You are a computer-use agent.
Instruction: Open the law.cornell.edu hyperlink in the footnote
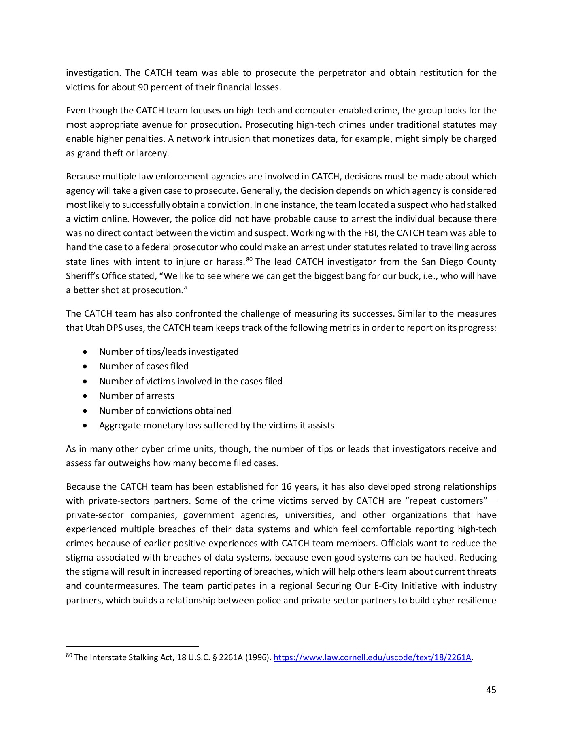(x=373, y=657)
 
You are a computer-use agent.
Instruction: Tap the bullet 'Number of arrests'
(x=136, y=396)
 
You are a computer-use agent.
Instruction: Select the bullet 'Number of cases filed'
(x=144, y=366)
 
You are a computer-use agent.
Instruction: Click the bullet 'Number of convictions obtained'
(x=165, y=411)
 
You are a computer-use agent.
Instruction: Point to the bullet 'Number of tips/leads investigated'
(x=169, y=352)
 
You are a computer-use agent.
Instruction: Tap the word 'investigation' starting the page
(x=92, y=73)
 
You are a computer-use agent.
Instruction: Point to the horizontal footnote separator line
(x=132, y=646)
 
